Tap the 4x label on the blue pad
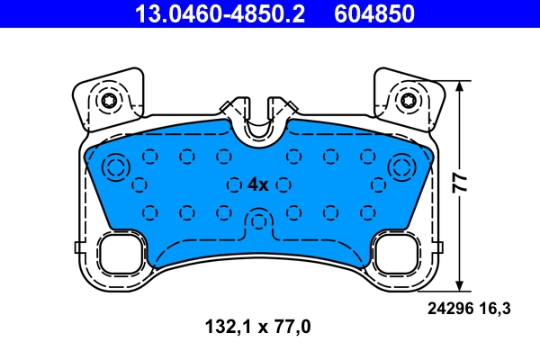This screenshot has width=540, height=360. tap(257, 184)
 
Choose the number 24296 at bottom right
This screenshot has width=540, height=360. tap(447, 309)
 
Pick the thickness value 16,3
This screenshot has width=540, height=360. tap(498, 309)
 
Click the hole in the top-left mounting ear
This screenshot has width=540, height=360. tap(110, 100)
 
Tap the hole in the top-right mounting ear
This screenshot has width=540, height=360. tap(409, 100)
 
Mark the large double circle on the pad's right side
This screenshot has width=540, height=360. tap(401, 166)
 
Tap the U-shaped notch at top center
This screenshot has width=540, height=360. tap(259, 126)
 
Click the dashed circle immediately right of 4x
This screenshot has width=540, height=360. tap(283, 184)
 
